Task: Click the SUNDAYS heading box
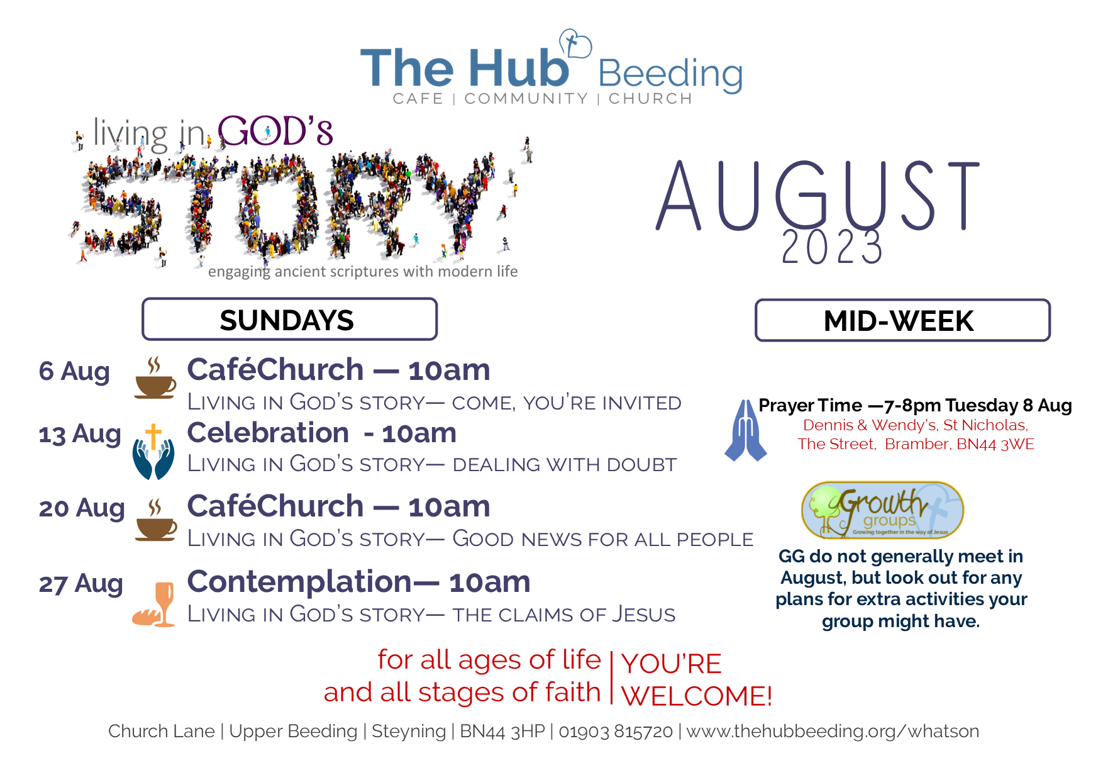click(289, 320)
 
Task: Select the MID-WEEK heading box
click(902, 321)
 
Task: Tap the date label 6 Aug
click(74, 371)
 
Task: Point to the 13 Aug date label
click(80, 434)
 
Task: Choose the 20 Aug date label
click(82, 508)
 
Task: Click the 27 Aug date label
click(80, 584)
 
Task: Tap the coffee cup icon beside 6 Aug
click(155, 377)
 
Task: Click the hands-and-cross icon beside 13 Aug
click(153, 452)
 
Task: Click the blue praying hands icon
click(746, 430)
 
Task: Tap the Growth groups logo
click(882, 510)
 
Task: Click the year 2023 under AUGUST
click(832, 247)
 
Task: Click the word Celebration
click(268, 433)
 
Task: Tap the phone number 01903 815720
click(616, 731)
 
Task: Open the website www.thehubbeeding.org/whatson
click(833, 731)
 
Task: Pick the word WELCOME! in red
click(697, 696)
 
